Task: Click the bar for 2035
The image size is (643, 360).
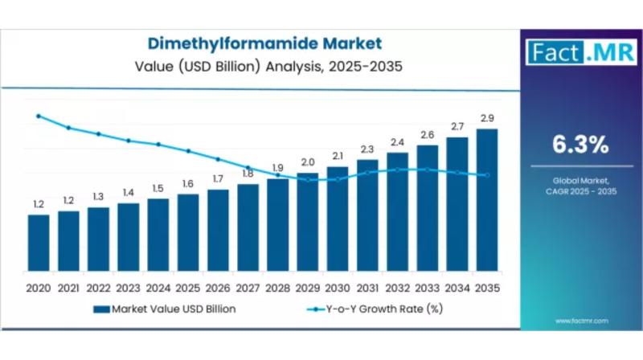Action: (x=486, y=201)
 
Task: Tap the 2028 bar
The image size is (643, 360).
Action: (x=277, y=226)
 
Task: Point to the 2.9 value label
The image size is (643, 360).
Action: (x=486, y=118)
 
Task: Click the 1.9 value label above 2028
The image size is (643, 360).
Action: (x=277, y=168)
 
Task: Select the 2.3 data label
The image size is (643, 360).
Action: (x=367, y=149)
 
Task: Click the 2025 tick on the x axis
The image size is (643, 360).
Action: (x=188, y=287)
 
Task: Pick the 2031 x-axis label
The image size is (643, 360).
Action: (x=367, y=287)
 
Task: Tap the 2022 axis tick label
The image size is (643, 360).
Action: (x=98, y=287)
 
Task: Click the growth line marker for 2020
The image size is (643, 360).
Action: (x=39, y=116)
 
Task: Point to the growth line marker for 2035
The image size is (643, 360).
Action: (x=486, y=175)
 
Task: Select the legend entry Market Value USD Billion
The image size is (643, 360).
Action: (x=166, y=308)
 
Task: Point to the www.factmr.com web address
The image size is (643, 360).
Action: (x=581, y=321)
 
